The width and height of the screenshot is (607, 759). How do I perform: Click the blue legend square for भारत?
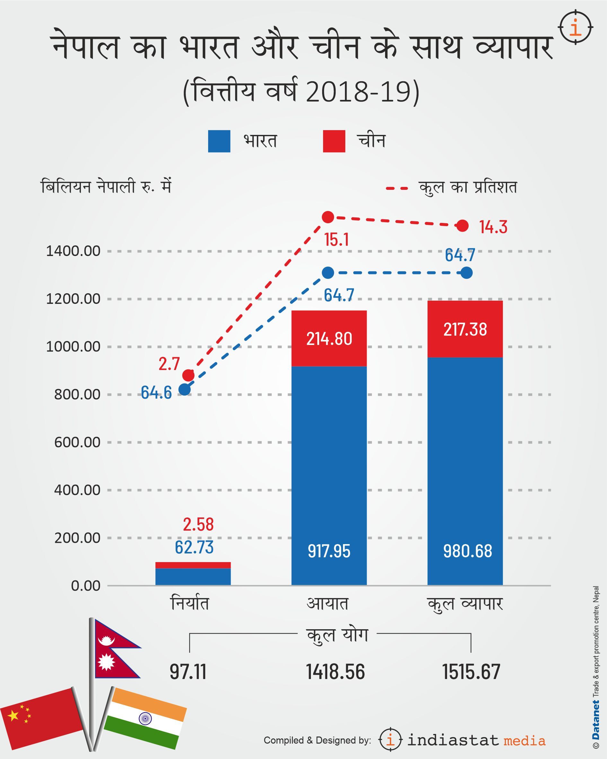point(219,141)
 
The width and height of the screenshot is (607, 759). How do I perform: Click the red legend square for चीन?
point(334,141)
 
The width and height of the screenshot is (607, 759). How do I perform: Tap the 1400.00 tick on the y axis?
point(73,252)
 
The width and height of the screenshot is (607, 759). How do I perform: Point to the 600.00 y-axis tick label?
point(77,442)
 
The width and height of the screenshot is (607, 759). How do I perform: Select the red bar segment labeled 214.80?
point(329,338)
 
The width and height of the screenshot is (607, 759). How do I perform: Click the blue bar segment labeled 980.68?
point(465,472)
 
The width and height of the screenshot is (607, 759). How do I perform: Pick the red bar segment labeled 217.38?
point(465,329)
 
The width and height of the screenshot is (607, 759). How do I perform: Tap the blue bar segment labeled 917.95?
point(329,475)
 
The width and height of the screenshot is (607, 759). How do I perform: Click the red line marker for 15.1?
point(328,217)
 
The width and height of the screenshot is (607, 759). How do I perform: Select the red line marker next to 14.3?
point(462,226)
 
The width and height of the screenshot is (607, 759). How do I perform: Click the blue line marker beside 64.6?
point(184,390)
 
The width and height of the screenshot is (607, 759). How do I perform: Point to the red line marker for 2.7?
point(189,375)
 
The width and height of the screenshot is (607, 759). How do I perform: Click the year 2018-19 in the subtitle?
point(358,92)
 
